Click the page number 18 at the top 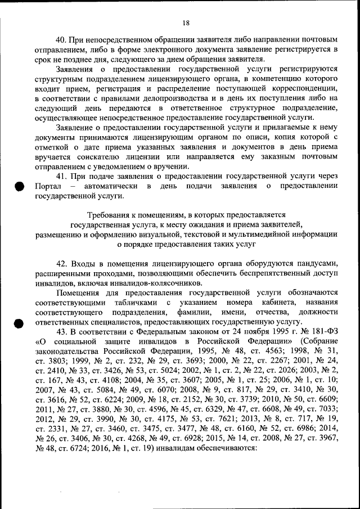(187, 23)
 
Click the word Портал (47, 186)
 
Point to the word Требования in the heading (110, 214)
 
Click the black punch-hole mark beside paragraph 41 (20, 187)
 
